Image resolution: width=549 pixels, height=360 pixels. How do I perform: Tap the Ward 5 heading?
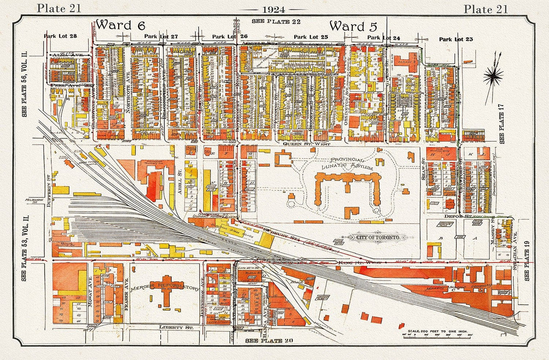pos(353,26)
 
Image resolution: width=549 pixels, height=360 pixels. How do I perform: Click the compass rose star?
pos(494,77)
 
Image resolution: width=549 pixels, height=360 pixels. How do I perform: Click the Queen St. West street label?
pos(307,144)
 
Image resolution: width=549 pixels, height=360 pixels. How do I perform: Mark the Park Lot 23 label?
pos(456,39)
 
